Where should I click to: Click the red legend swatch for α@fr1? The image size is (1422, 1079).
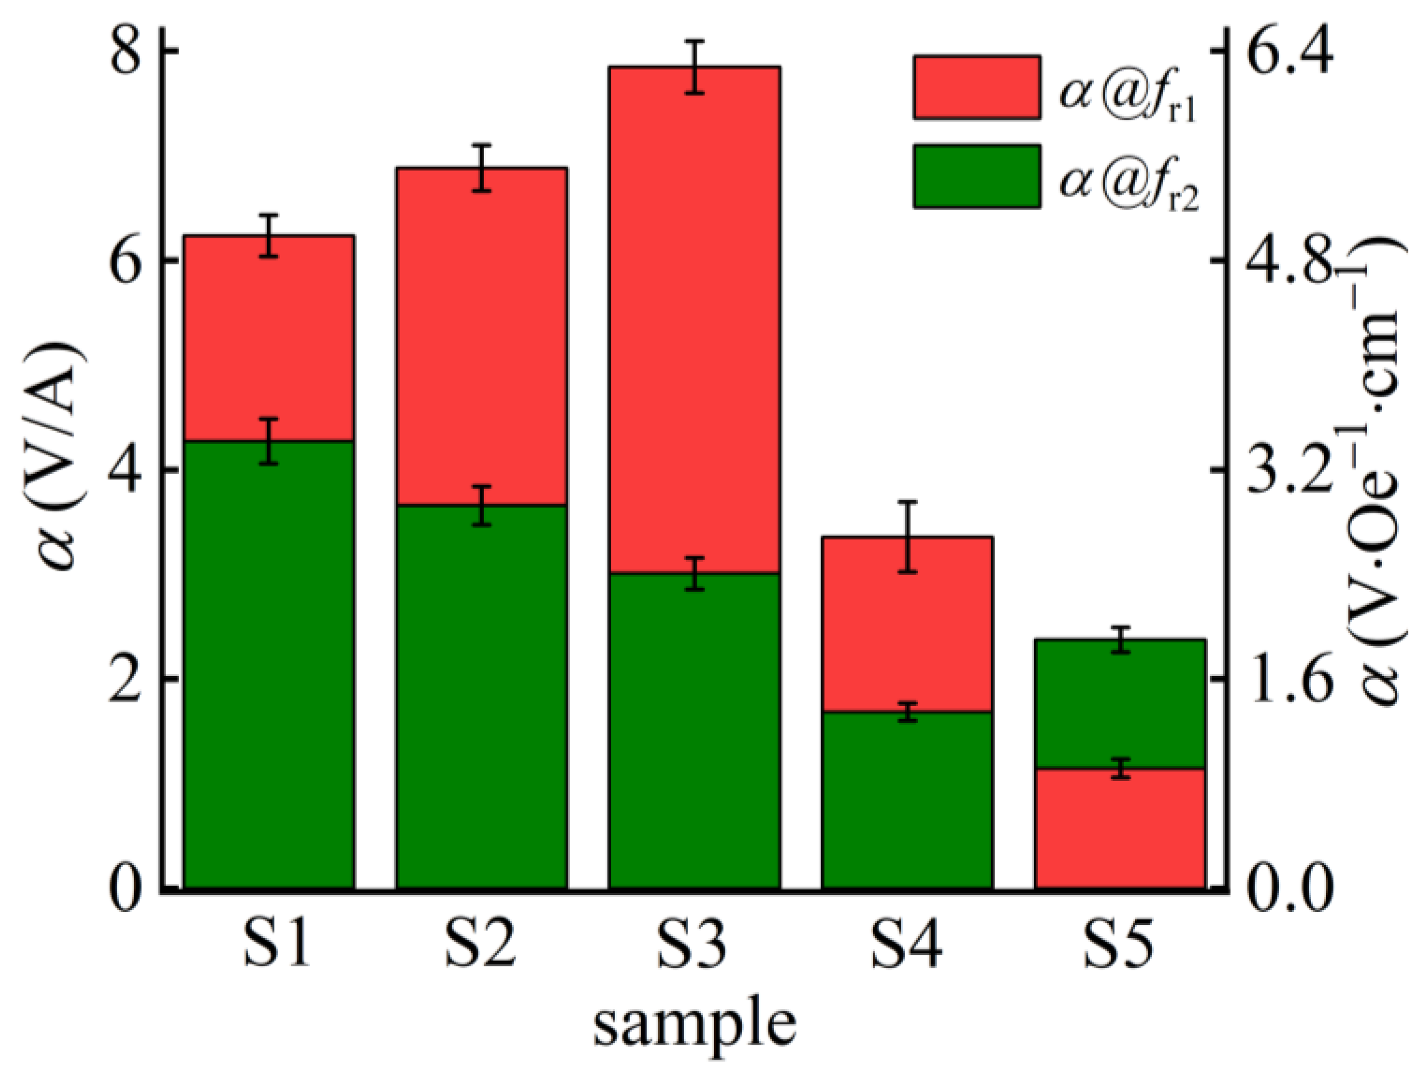977,87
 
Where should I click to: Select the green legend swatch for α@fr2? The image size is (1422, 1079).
977,175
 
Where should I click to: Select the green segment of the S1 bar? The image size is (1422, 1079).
269,662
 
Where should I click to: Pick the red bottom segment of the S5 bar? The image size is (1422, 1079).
1120,830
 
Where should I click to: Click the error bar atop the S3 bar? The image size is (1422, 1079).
694,67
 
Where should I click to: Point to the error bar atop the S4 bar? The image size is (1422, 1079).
907,536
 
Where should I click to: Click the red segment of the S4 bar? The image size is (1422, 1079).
907,624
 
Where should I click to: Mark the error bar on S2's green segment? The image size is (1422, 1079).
481,505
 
